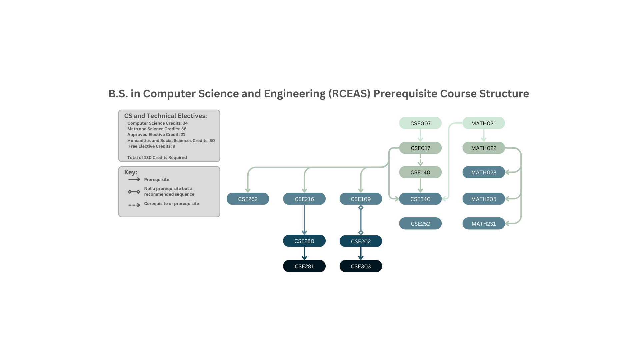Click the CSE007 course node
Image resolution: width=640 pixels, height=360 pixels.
(x=420, y=123)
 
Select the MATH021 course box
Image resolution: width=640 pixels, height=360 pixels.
(x=484, y=123)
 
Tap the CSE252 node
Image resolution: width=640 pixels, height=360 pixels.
(x=420, y=224)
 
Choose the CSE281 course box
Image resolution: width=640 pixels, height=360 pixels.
(x=304, y=266)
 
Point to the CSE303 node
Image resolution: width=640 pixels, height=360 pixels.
(x=361, y=266)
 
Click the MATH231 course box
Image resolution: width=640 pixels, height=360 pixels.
(x=484, y=224)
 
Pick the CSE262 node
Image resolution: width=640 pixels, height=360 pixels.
(x=248, y=199)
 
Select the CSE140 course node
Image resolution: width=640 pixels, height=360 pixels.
(x=420, y=172)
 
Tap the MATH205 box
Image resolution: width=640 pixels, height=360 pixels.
(x=484, y=199)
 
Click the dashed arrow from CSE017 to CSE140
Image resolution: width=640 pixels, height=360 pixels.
(x=420, y=160)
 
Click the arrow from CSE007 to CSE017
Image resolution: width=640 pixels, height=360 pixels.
(x=420, y=135)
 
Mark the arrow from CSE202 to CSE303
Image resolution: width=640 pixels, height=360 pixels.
(x=361, y=253)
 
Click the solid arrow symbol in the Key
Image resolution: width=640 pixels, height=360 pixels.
(x=134, y=179)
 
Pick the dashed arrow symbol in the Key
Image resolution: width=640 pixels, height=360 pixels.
(x=134, y=205)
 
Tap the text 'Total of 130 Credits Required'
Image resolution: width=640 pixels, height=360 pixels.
(x=157, y=158)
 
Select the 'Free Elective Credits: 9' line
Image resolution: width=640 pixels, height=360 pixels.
(x=152, y=146)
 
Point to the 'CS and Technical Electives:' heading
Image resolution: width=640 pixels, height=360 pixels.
(x=166, y=116)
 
